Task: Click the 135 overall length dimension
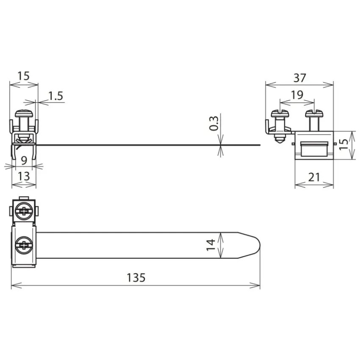136,277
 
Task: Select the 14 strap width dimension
211,245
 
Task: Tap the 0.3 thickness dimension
214,123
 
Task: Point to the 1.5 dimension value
55,96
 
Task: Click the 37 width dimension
299,78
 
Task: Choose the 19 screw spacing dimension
297,94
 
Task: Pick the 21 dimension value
314,177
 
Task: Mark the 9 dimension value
24,161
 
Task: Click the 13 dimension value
24,176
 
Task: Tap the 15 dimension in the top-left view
24,76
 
